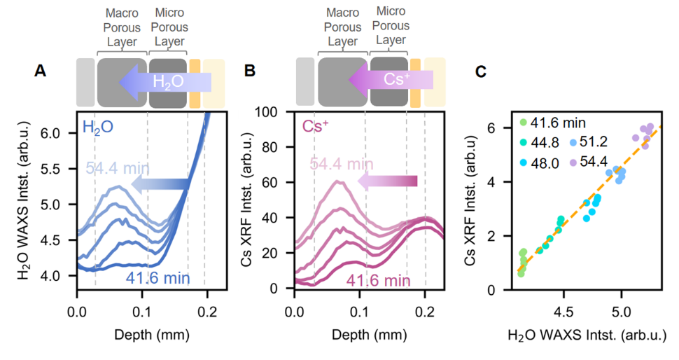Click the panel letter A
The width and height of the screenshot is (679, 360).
coord(41,71)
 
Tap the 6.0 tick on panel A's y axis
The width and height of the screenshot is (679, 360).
coord(59,133)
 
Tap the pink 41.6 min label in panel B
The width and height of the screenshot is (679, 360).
coord(378,280)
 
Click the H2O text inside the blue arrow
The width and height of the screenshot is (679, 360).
coord(168,82)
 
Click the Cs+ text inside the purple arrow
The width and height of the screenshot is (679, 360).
coord(396,79)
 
